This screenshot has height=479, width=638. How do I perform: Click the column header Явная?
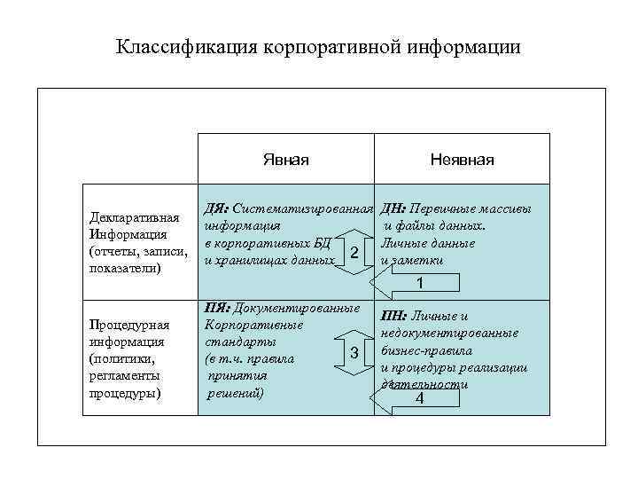click(x=285, y=160)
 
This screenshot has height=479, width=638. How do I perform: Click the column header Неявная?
click(x=462, y=160)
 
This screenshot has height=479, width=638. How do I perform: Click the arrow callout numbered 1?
click(x=417, y=283)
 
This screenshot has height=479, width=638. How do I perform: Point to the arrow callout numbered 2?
click(x=353, y=254)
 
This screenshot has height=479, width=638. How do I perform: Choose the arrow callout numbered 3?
click(x=353, y=353)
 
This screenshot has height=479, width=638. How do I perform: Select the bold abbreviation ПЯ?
click(x=218, y=309)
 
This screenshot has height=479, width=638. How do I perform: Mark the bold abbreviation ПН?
click(x=394, y=316)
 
